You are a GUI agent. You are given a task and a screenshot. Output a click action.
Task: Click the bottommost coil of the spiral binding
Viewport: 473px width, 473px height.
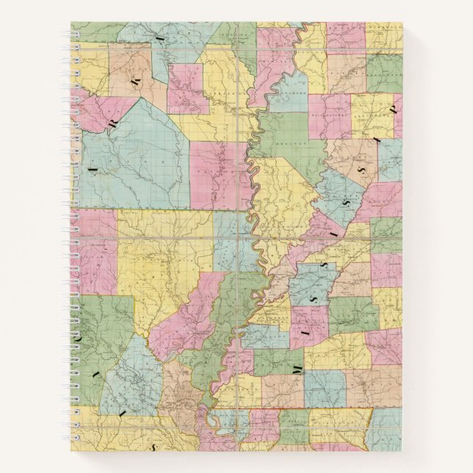[73, 434]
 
